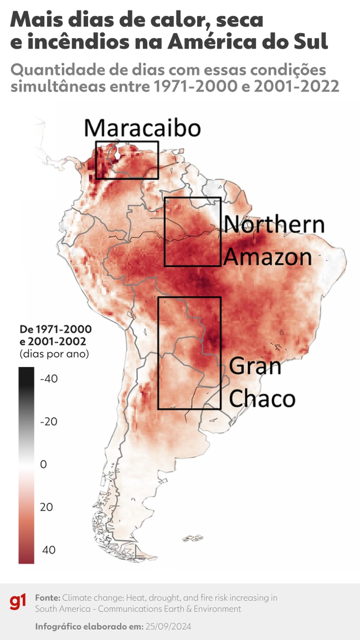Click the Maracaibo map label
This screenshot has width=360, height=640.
142,128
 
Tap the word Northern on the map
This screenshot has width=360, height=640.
274,224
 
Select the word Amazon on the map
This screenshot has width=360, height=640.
267,257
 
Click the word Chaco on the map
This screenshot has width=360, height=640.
262,398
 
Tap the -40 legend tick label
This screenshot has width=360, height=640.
49,379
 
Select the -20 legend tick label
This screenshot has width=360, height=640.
49,421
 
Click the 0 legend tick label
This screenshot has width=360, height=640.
43,464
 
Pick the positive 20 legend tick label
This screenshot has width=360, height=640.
46,507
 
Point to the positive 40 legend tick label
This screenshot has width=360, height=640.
49,550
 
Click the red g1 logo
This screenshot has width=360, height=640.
18,602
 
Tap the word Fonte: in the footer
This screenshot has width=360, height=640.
48,598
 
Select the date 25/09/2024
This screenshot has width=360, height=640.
168,626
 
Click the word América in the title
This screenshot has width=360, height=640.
212,42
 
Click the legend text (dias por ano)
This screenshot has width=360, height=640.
54,354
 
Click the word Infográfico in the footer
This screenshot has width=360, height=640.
58,626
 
